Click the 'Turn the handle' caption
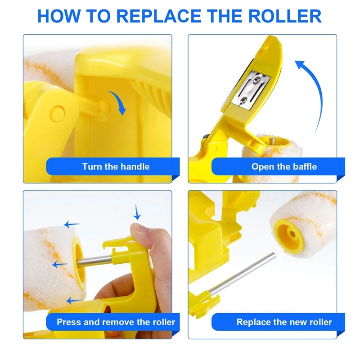tap(116, 166)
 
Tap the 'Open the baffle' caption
tap(284, 166)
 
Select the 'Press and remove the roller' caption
tap(116, 322)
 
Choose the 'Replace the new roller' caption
tap(284, 322)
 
